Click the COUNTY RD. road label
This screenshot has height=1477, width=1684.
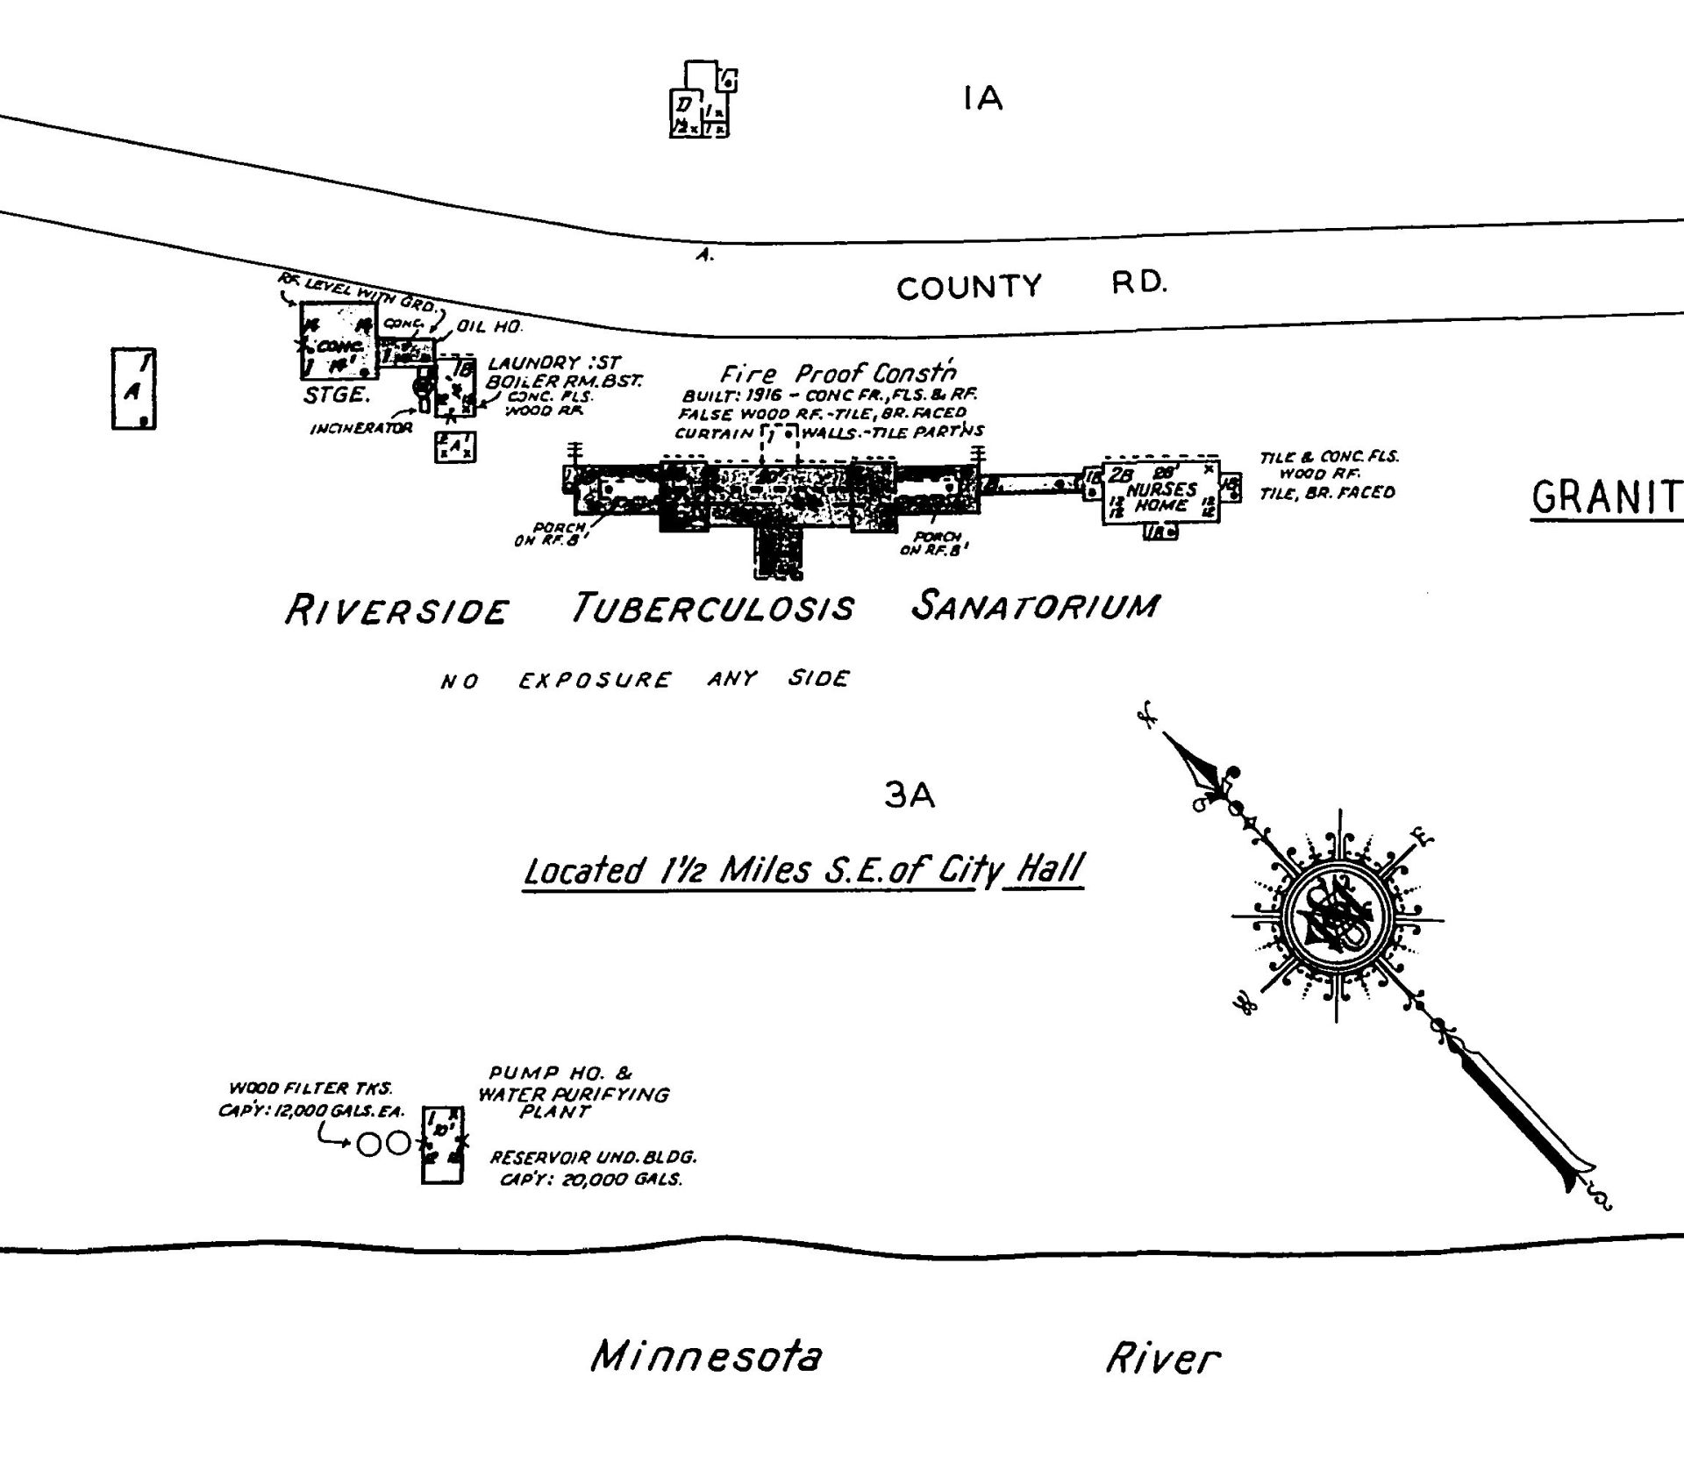coord(1031,285)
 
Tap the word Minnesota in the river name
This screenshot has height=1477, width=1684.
coord(707,1356)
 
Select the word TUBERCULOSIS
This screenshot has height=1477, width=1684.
coord(712,608)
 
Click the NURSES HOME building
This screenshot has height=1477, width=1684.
coord(1160,494)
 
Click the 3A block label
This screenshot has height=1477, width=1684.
coord(910,796)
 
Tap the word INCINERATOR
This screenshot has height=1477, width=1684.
coord(360,429)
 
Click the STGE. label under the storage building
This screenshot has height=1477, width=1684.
coord(335,396)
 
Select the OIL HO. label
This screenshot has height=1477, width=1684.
coord(489,327)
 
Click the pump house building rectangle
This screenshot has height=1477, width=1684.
coord(442,1145)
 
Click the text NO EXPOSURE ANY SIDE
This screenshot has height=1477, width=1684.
coord(645,680)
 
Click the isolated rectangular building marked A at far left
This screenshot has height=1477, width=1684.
coord(134,389)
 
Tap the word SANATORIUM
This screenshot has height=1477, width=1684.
coord(1035,606)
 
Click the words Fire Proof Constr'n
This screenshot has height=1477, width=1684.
coord(838,374)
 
